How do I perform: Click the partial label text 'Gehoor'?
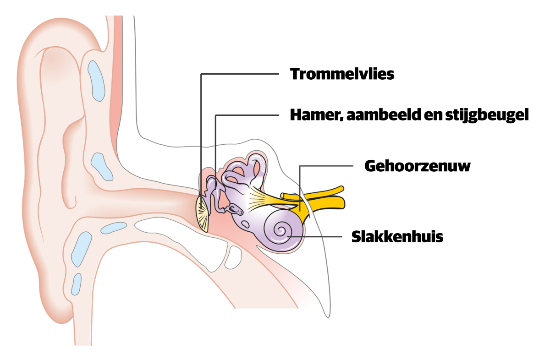click(x=392, y=166)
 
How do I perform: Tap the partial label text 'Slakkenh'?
click(x=386, y=237)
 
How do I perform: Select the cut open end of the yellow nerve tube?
click(x=284, y=196)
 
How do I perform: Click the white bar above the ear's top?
click(x=121, y=12)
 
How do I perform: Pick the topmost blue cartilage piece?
click(x=96, y=81)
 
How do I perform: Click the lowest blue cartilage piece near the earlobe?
click(x=76, y=284)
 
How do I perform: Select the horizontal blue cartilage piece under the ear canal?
click(x=113, y=228)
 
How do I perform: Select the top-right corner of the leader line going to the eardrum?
click(x=279, y=74)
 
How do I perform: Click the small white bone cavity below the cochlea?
click(x=234, y=256)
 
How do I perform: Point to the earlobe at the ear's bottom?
click(x=64, y=307)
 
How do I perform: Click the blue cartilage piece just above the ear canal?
click(x=102, y=167)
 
